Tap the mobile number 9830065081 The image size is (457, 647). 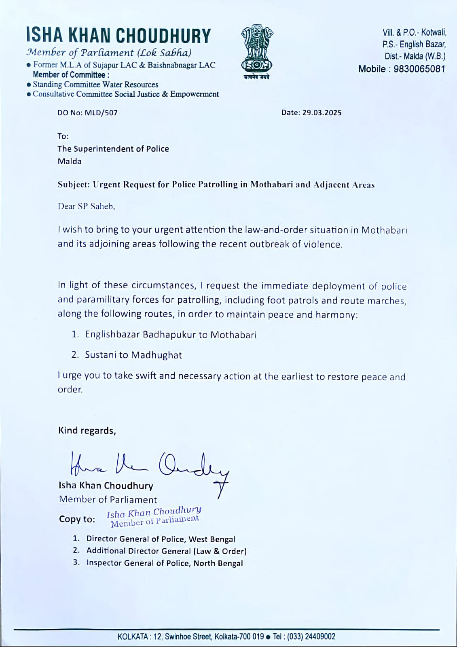click(x=419, y=69)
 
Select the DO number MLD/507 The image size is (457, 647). click(x=101, y=113)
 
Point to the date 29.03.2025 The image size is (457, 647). click(x=322, y=113)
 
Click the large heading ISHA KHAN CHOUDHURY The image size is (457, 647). click(x=118, y=36)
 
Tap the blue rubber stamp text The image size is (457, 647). click(x=154, y=517)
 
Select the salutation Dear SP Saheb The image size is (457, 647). click(x=86, y=206)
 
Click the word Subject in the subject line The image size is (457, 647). click(x=73, y=185)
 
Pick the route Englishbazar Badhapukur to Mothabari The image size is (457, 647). click(x=170, y=335)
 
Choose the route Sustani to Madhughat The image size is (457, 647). click(x=133, y=355)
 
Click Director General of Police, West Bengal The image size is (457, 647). click(x=161, y=539)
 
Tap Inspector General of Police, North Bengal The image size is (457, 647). click(x=165, y=563)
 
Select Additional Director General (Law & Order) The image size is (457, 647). click(x=166, y=551)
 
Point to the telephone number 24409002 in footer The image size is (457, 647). click(x=319, y=636)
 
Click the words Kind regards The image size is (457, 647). click(x=87, y=431)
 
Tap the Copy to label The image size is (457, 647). click(x=77, y=519)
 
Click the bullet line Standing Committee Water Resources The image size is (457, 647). click(x=95, y=85)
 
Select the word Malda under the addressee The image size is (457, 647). click(x=70, y=161)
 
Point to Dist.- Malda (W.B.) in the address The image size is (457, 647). click(x=415, y=56)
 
